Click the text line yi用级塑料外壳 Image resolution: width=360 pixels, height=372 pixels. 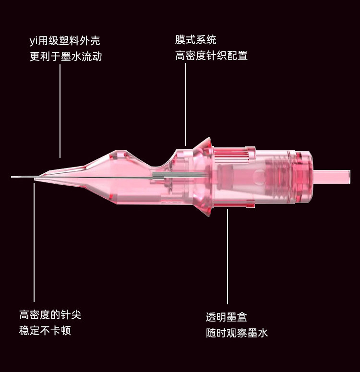65,41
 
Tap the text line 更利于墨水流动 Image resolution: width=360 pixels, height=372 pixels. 66,57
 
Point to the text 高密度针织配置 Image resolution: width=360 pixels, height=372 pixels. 211,56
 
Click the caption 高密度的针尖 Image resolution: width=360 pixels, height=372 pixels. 50,315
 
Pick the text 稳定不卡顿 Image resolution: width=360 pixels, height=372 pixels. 45,331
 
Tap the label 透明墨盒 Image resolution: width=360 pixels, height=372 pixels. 227,317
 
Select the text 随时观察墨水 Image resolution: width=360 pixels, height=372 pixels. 237,333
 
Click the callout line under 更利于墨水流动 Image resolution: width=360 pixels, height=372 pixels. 60,110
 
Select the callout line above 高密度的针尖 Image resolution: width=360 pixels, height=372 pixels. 34,240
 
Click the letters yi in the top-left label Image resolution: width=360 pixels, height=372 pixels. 34,41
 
